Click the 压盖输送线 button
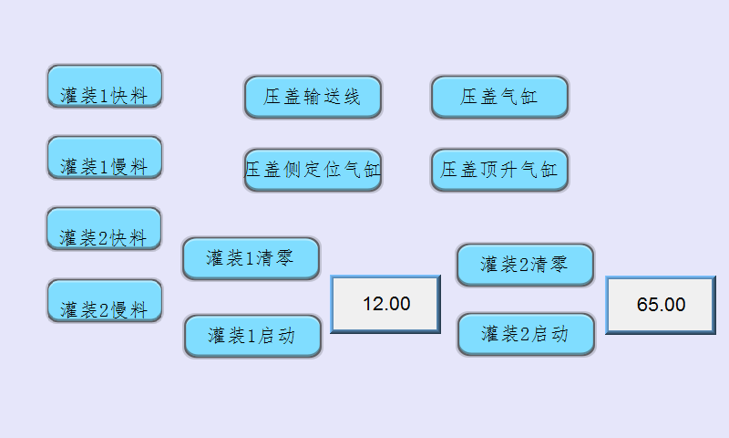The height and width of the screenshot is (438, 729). click(x=313, y=97)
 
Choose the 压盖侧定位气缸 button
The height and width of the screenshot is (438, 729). click(x=313, y=170)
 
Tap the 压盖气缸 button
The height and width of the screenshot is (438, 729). click(x=499, y=97)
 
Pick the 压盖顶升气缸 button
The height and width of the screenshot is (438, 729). click(x=499, y=170)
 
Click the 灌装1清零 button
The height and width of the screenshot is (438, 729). click(x=251, y=258)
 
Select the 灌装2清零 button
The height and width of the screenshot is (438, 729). click(x=525, y=265)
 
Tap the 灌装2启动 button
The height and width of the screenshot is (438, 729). click(x=526, y=334)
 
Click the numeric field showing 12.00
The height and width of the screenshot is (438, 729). click(x=385, y=304)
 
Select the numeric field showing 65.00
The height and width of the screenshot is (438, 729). click(x=661, y=305)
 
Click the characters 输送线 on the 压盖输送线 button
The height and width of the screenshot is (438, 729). click(x=333, y=97)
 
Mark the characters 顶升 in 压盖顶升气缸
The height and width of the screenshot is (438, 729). click(x=498, y=170)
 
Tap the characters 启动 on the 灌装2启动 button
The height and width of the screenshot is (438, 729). click(x=549, y=334)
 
